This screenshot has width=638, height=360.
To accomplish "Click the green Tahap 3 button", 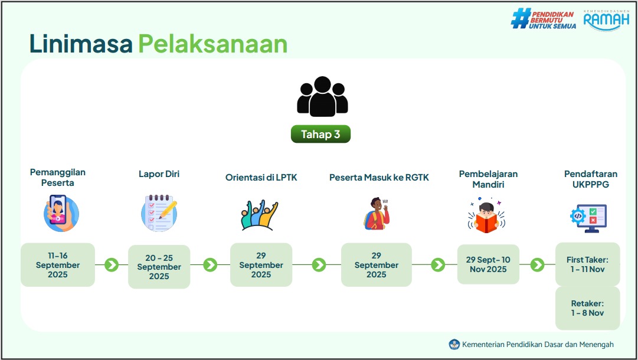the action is coord(320,134).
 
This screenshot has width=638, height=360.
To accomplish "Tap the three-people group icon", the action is coord(322,96).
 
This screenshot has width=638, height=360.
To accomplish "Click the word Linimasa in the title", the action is coord(81,44).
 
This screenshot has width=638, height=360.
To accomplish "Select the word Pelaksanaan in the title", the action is coord(213,44).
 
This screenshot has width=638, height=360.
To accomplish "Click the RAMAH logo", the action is coord(606,20).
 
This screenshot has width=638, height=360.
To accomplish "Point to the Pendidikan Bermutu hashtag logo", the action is coord(544,19).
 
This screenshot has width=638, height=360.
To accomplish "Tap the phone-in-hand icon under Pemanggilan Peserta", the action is coord(61,213).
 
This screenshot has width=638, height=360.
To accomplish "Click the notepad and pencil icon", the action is coord(159,213).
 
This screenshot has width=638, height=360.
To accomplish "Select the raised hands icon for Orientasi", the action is coord(259,215).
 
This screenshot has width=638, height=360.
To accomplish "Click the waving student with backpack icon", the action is coord(377,214).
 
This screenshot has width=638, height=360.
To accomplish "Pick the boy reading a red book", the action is coord(487,216).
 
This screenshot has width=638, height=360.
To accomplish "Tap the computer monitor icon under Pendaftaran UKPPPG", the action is coord(588,218).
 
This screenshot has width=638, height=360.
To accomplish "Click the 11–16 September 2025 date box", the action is coord(58,265).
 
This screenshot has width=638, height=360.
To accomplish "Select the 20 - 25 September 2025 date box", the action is coord(159,267).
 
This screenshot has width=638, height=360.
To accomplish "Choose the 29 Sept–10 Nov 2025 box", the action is coord(488,264).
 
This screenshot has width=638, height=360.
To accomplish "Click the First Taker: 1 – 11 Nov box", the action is coord(588,264).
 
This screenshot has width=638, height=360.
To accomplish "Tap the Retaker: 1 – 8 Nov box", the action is coord(588,308).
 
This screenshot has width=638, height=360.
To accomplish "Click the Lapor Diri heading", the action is coord(159,174).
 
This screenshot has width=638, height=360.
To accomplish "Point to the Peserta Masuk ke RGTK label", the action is coord(379,178).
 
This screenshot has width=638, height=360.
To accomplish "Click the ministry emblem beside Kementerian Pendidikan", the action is coord(454,345).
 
